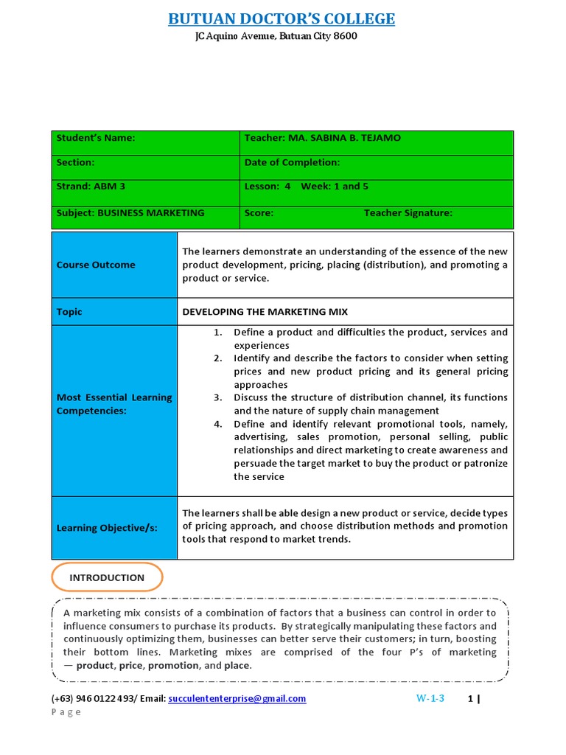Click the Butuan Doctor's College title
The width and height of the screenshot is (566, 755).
282,18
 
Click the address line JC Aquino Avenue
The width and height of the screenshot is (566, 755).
276,36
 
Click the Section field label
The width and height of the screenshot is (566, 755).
76,162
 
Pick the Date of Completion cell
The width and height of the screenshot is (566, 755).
292,162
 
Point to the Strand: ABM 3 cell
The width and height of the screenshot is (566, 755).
85,187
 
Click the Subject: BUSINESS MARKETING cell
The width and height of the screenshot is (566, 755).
130,213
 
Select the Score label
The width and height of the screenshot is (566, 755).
259,213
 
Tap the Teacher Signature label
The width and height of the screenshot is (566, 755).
408,213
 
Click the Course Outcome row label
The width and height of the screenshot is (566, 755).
96,265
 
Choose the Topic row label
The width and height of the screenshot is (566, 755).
69,312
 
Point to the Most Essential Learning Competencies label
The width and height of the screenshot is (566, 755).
114,404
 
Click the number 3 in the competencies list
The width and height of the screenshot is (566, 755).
218,397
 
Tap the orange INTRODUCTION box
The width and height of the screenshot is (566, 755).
107,577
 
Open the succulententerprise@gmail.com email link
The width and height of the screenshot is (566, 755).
237,698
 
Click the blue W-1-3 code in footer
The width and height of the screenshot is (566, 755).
430,698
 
